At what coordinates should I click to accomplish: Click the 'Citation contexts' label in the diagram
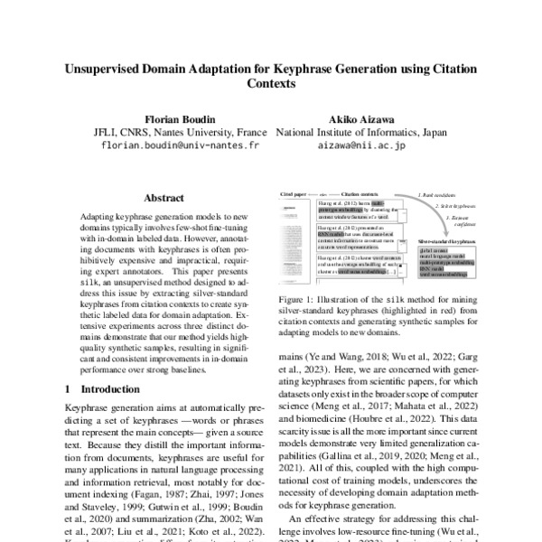pos(360,193)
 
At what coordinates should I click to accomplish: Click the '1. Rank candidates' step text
pos(435,194)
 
